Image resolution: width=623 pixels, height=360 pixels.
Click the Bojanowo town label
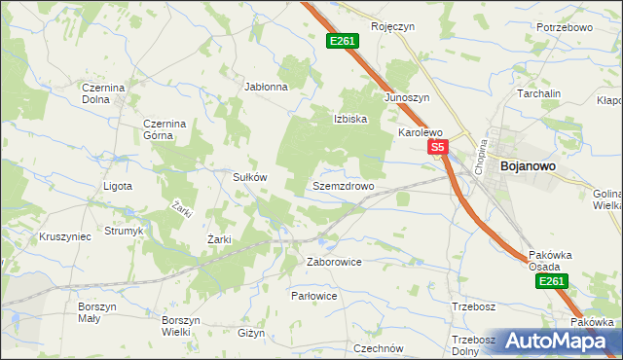coord(528,166)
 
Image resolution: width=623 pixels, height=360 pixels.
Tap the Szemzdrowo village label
coord(344,186)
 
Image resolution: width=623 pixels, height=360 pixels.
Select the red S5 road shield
coord(438,148)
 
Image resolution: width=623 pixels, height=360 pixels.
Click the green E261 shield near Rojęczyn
coord(343,41)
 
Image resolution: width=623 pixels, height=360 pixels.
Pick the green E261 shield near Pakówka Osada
coord(551,281)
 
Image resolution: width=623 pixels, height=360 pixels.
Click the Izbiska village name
coord(350,120)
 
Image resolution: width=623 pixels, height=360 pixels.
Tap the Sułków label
coord(249,177)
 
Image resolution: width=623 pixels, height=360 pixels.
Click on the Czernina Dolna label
coord(103,93)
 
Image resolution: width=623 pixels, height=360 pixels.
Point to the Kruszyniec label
coord(65,236)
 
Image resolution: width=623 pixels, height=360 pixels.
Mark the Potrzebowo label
coord(565,27)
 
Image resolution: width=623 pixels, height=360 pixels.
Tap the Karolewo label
coord(420,132)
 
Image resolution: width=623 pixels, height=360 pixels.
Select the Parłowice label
coord(314,295)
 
